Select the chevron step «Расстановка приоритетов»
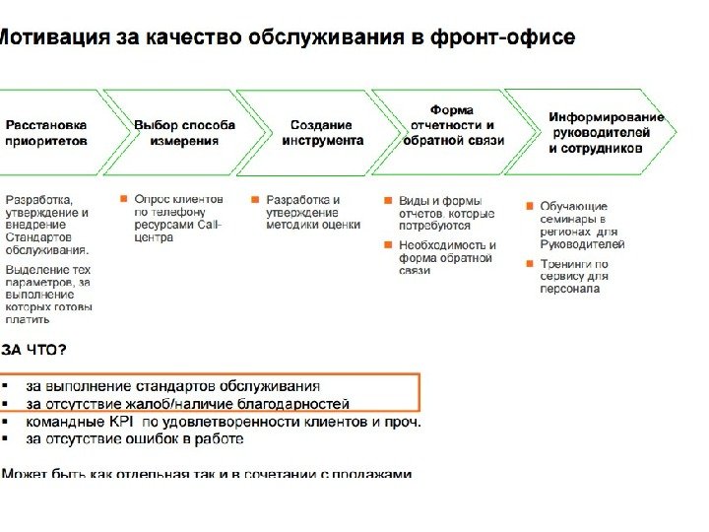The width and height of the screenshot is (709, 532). tap(46, 133)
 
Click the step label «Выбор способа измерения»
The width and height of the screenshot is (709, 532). tap(184, 133)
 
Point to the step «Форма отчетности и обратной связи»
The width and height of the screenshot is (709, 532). tap(452, 125)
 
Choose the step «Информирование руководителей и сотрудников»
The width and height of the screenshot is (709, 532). tap(601, 133)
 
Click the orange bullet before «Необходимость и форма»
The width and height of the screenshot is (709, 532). tap(389, 244)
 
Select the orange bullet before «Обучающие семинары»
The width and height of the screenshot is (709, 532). tap(530, 206)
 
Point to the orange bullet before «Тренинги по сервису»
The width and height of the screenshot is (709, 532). tap(530, 263)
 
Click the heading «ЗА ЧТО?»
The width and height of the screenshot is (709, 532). tap(34, 350)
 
